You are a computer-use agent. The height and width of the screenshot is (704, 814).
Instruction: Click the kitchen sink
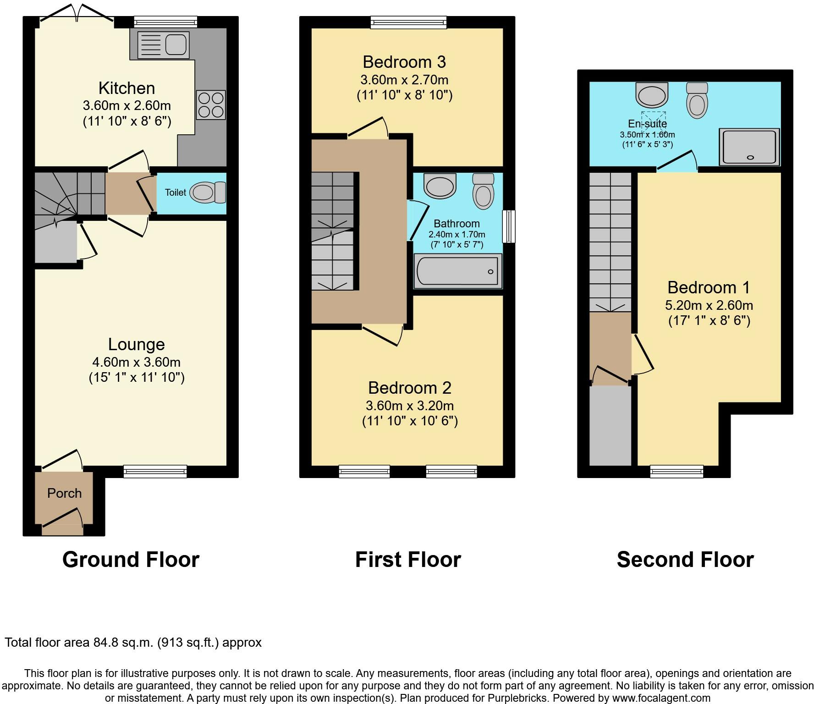[x=163, y=44]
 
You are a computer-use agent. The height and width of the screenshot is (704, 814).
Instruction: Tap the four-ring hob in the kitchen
[x=211, y=105]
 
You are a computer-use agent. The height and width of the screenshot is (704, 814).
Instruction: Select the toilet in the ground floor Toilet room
[x=208, y=192]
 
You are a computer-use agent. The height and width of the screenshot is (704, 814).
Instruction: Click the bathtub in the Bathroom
[x=458, y=272]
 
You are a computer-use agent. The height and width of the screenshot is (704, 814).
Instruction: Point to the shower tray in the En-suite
[x=749, y=147]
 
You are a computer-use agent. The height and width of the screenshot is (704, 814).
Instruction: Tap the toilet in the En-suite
[x=697, y=100]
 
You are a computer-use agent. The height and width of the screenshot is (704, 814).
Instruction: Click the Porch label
[x=64, y=493]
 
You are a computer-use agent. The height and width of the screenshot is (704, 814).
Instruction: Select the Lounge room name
[x=136, y=344]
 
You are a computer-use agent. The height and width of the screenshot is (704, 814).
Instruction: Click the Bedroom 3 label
[x=404, y=62]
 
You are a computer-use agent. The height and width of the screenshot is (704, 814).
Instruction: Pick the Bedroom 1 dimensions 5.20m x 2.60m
[x=709, y=305]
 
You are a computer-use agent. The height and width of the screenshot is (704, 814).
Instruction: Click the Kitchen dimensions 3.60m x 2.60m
[x=127, y=105]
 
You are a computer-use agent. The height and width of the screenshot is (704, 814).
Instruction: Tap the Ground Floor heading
[x=131, y=560]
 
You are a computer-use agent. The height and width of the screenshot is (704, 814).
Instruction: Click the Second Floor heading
[x=685, y=560]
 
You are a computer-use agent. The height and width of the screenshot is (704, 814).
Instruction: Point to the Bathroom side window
[x=509, y=226]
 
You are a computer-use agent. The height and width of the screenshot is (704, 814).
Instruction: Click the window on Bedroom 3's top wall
[x=408, y=22]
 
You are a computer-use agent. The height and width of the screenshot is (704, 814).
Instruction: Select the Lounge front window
[x=155, y=471]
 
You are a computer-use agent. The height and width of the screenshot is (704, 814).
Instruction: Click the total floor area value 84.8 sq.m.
[x=121, y=643]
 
